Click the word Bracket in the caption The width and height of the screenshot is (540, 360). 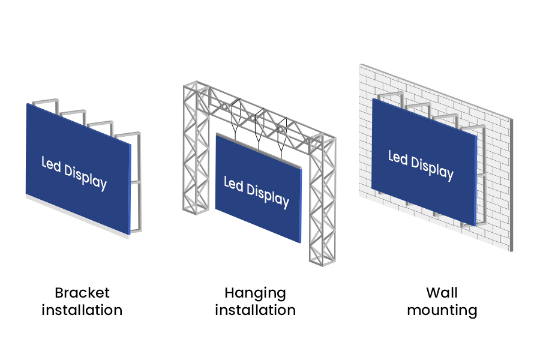82,293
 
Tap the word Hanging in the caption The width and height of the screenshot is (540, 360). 255,293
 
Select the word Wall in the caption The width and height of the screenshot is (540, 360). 442,293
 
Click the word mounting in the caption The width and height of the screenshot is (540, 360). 442,311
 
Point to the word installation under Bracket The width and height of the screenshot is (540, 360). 82,310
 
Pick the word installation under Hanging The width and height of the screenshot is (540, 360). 255,310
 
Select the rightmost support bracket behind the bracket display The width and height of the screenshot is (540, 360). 137,180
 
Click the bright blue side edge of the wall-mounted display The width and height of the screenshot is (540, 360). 476,180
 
